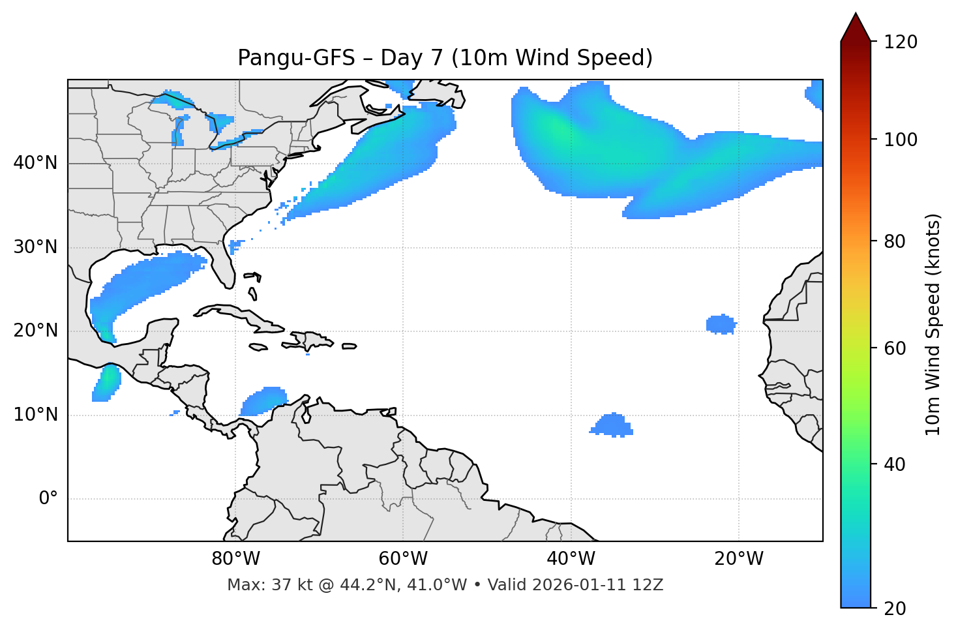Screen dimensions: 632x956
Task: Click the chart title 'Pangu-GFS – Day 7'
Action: (x=445, y=58)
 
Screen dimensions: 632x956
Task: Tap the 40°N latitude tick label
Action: (x=35, y=163)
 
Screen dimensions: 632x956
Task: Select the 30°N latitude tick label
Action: (x=35, y=247)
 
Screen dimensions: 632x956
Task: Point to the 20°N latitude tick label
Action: (x=35, y=331)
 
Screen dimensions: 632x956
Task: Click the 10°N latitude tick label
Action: (x=35, y=415)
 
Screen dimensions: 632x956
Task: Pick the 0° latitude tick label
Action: (x=48, y=499)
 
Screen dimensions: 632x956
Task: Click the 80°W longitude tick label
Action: (x=235, y=559)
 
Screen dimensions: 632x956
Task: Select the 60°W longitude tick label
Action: (x=403, y=559)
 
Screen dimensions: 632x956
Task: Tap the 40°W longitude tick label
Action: (x=571, y=559)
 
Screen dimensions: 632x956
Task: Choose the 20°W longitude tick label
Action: (x=738, y=559)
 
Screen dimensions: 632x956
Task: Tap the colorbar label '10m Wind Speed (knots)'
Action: (x=933, y=325)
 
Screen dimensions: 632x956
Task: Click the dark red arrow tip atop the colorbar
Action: (x=856, y=26)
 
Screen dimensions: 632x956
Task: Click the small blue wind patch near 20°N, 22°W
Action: (x=721, y=324)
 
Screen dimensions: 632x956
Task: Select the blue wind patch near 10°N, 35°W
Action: (x=612, y=425)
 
